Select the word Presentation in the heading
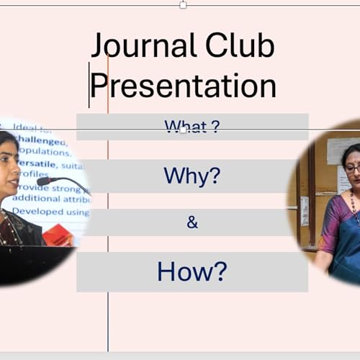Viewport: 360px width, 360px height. [184, 86]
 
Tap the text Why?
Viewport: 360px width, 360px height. [192, 176]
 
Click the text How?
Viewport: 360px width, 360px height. [192, 271]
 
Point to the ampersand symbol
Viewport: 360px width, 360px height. [192, 222]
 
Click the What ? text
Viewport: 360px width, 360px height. [192, 127]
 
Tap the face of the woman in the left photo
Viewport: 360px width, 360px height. [8, 163]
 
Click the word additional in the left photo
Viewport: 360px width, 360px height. [43, 198]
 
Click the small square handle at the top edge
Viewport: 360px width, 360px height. [183, 5]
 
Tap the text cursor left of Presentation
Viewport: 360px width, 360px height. [89, 85]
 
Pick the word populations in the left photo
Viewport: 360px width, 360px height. [45, 152]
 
